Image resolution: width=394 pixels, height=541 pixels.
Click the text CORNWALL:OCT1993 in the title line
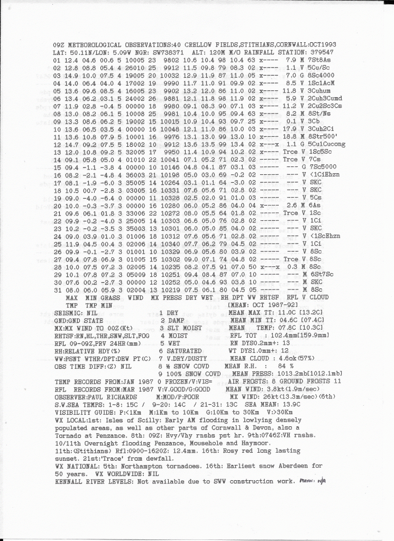coord(306,44)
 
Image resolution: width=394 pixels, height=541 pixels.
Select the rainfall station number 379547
coord(319,53)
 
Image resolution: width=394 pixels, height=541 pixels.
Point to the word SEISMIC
coord(69,313)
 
